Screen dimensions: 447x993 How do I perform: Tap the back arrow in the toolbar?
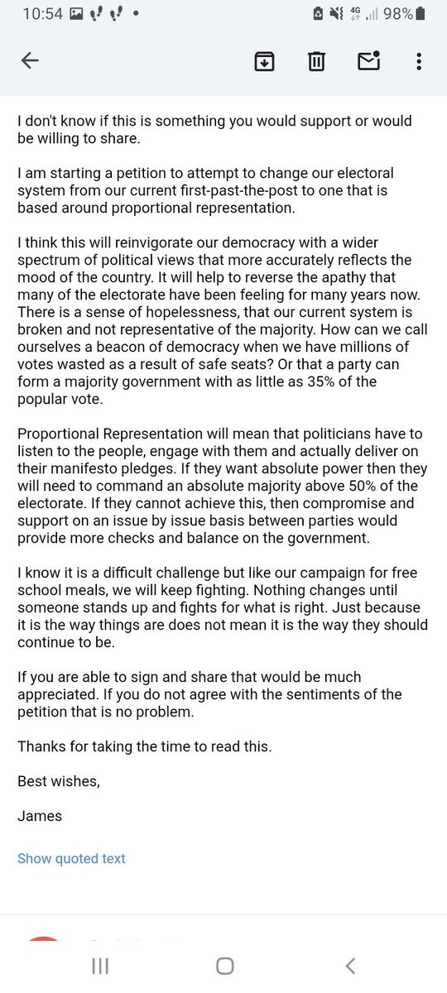point(30,60)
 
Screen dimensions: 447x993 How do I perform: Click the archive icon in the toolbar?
point(264,60)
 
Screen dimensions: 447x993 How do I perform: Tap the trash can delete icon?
point(316,60)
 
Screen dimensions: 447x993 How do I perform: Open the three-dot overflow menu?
point(419,60)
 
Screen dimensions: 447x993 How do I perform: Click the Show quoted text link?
point(71,858)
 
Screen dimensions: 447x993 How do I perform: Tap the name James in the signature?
point(40,816)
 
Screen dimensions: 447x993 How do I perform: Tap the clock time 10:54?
point(43,14)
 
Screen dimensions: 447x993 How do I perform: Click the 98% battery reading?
point(397,14)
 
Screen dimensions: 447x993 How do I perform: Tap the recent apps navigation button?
point(100,966)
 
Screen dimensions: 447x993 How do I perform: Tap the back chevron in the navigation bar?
point(350,966)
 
